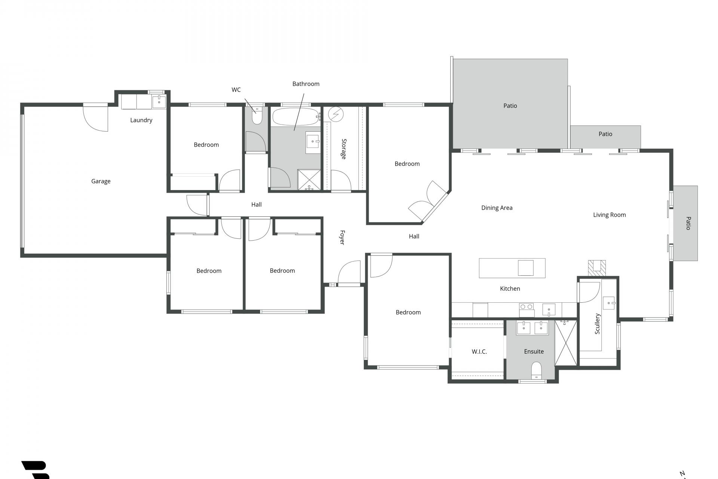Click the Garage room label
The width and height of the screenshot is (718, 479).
(101, 181)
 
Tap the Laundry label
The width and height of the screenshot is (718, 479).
(141, 120)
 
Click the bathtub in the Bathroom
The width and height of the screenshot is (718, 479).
(295, 117)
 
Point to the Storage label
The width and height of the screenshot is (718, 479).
(344, 149)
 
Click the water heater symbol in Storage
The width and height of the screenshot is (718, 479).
(336, 114)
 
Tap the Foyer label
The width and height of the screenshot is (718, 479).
(342, 237)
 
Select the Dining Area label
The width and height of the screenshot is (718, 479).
(497, 208)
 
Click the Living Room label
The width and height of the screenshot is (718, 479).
(609, 215)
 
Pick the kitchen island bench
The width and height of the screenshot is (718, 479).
(512, 268)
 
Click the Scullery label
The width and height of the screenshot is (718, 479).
(597, 324)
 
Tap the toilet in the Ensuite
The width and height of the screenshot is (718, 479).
(536, 370)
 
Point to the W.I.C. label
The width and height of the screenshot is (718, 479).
(479, 352)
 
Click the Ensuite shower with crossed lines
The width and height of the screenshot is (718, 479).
(565, 342)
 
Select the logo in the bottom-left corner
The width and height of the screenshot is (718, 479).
(36, 470)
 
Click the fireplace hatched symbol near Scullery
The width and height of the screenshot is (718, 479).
(597, 268)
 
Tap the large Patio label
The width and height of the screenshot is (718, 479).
(510, 106)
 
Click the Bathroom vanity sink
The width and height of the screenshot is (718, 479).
(313, 142)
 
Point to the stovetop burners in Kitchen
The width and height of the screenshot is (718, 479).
(526, 307)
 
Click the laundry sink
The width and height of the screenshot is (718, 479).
(159, 101)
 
